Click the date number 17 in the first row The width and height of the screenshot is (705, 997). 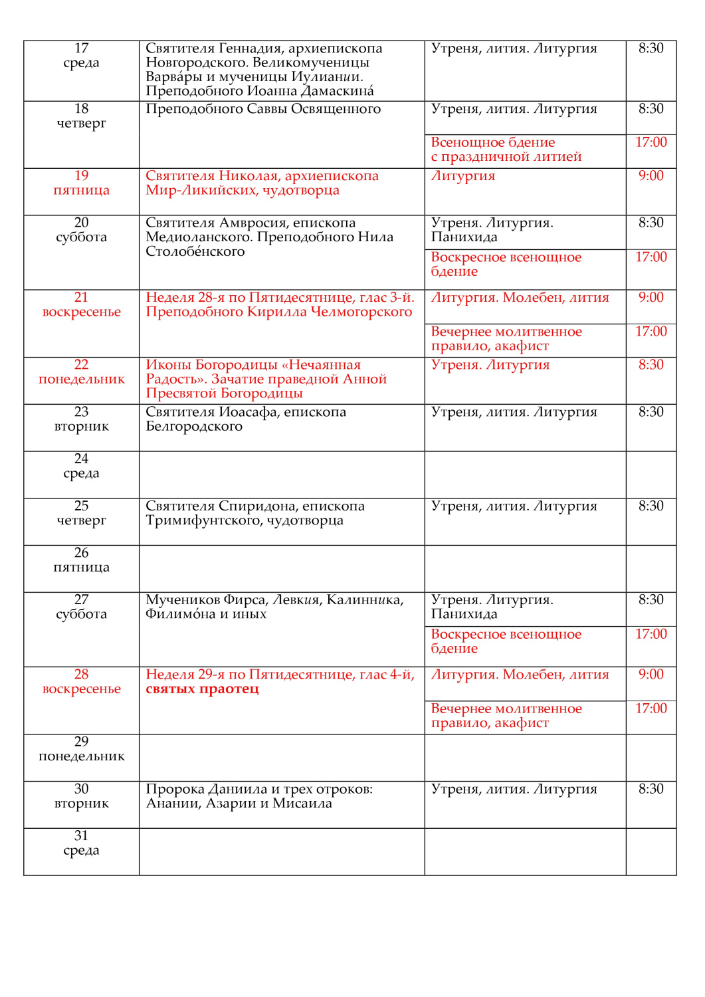point(81,48)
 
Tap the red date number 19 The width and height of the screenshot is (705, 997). point(81,175)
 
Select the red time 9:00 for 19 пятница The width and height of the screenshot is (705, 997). point(651,175)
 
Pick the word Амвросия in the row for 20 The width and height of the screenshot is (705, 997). point(254,223)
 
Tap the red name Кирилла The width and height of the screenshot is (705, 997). point(276,312)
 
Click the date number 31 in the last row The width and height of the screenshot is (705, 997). point(81,835)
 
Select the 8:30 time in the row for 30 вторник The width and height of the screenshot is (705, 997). point(651,789)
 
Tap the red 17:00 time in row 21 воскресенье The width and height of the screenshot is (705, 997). point(651,331)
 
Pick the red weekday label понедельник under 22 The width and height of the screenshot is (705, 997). point(81,380)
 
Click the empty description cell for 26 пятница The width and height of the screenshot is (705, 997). point(282,568)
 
